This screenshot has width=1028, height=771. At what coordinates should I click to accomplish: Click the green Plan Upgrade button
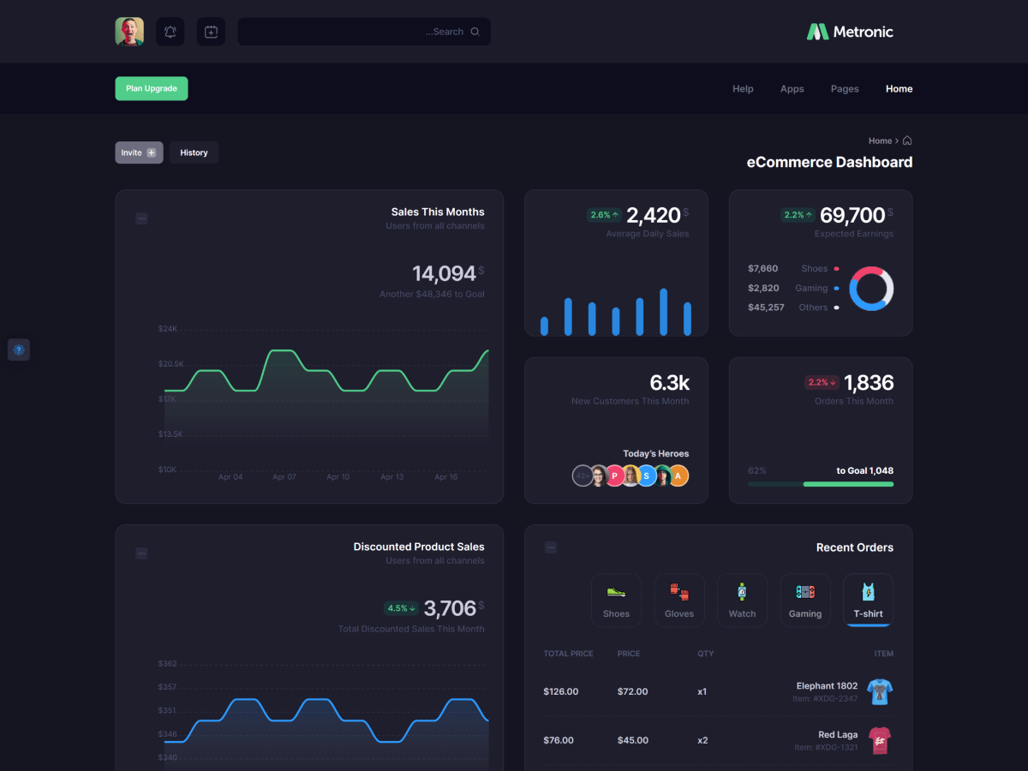[152, 88]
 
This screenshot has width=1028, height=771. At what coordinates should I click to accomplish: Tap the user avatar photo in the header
[129, 32]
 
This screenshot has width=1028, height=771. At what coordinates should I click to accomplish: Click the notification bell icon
[170, 32]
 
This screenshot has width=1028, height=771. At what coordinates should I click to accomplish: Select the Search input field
[363, 32]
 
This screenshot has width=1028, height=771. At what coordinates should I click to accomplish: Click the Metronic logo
[850, 32]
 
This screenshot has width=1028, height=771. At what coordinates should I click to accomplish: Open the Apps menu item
[792, 89]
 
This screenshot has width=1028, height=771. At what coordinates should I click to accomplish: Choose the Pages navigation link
[844, 89]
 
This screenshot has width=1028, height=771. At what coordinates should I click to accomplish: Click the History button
[194, 152]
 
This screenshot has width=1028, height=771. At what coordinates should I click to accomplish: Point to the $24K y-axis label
[167, 329]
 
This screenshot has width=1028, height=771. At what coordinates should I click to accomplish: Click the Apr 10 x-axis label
[338, 477]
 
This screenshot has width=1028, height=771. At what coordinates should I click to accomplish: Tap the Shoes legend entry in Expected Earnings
[815, 269]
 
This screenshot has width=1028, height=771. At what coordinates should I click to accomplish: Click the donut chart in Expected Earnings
[871, 288]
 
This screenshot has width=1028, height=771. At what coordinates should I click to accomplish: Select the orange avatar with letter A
[678, 475]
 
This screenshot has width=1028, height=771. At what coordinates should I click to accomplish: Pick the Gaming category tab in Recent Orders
[805, 600]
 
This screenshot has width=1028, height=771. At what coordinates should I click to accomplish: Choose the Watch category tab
[742, 600]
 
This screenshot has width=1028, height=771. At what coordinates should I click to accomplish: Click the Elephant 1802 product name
[827, 686]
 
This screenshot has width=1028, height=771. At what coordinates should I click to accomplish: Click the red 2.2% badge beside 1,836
[821, 383]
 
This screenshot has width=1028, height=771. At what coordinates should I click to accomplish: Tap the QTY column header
[705, 654]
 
